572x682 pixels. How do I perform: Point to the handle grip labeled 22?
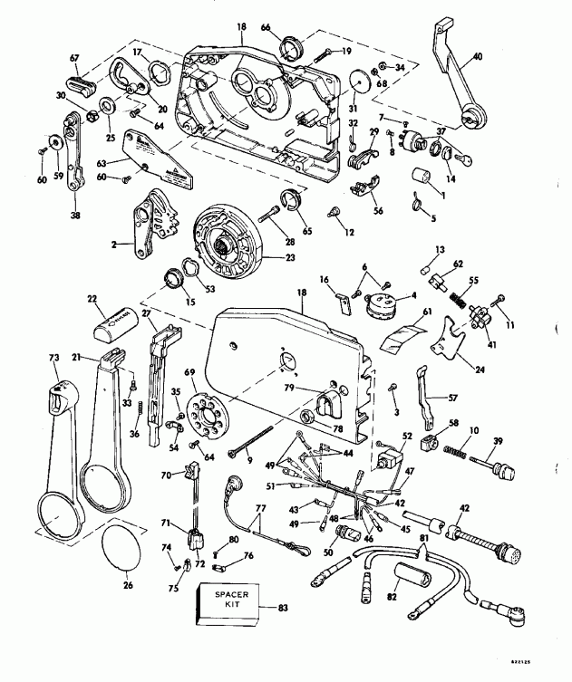pyautogui.click(x=116, y=317)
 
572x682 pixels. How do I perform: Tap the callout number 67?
pyautogui.click(x=73, y=57)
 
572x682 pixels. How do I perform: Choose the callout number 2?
pyautogui.click(x=114, y=245)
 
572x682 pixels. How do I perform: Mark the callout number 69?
pyautogui.click(x=189, y=372)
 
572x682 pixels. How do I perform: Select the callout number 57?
pyautogui.click(x=451, y=397)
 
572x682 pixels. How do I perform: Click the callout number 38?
pyautogui.click(x=74, y=216)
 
